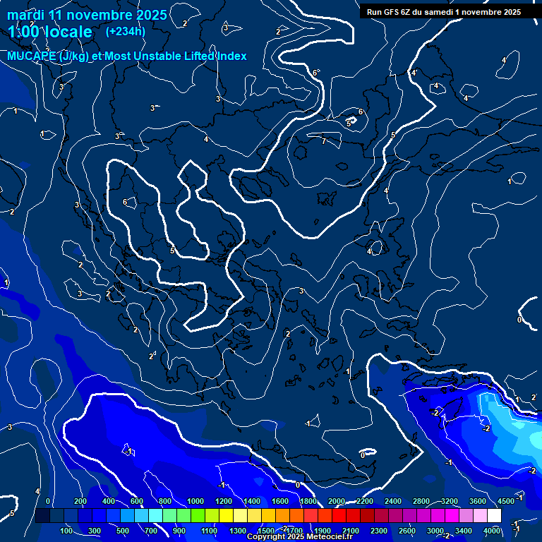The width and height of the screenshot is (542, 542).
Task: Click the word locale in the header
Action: click(68, 32)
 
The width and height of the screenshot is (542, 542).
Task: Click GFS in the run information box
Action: click(392, 12)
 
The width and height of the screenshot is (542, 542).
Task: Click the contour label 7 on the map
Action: click(324, 141)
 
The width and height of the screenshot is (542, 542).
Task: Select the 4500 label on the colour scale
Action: click(505, 501)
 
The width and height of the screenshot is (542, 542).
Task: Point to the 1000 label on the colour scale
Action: click(195, 501)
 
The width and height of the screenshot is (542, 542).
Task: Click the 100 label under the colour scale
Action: click(67, 531)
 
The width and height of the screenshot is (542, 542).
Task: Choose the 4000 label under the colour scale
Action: click(492, 531)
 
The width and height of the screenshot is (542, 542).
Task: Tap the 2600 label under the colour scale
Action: click(407, 531)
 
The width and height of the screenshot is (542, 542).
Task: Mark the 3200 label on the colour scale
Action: click(449, 501)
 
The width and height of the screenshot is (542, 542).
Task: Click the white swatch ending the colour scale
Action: click(494, 516)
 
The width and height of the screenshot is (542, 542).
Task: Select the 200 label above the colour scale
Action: click(80, 501)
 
